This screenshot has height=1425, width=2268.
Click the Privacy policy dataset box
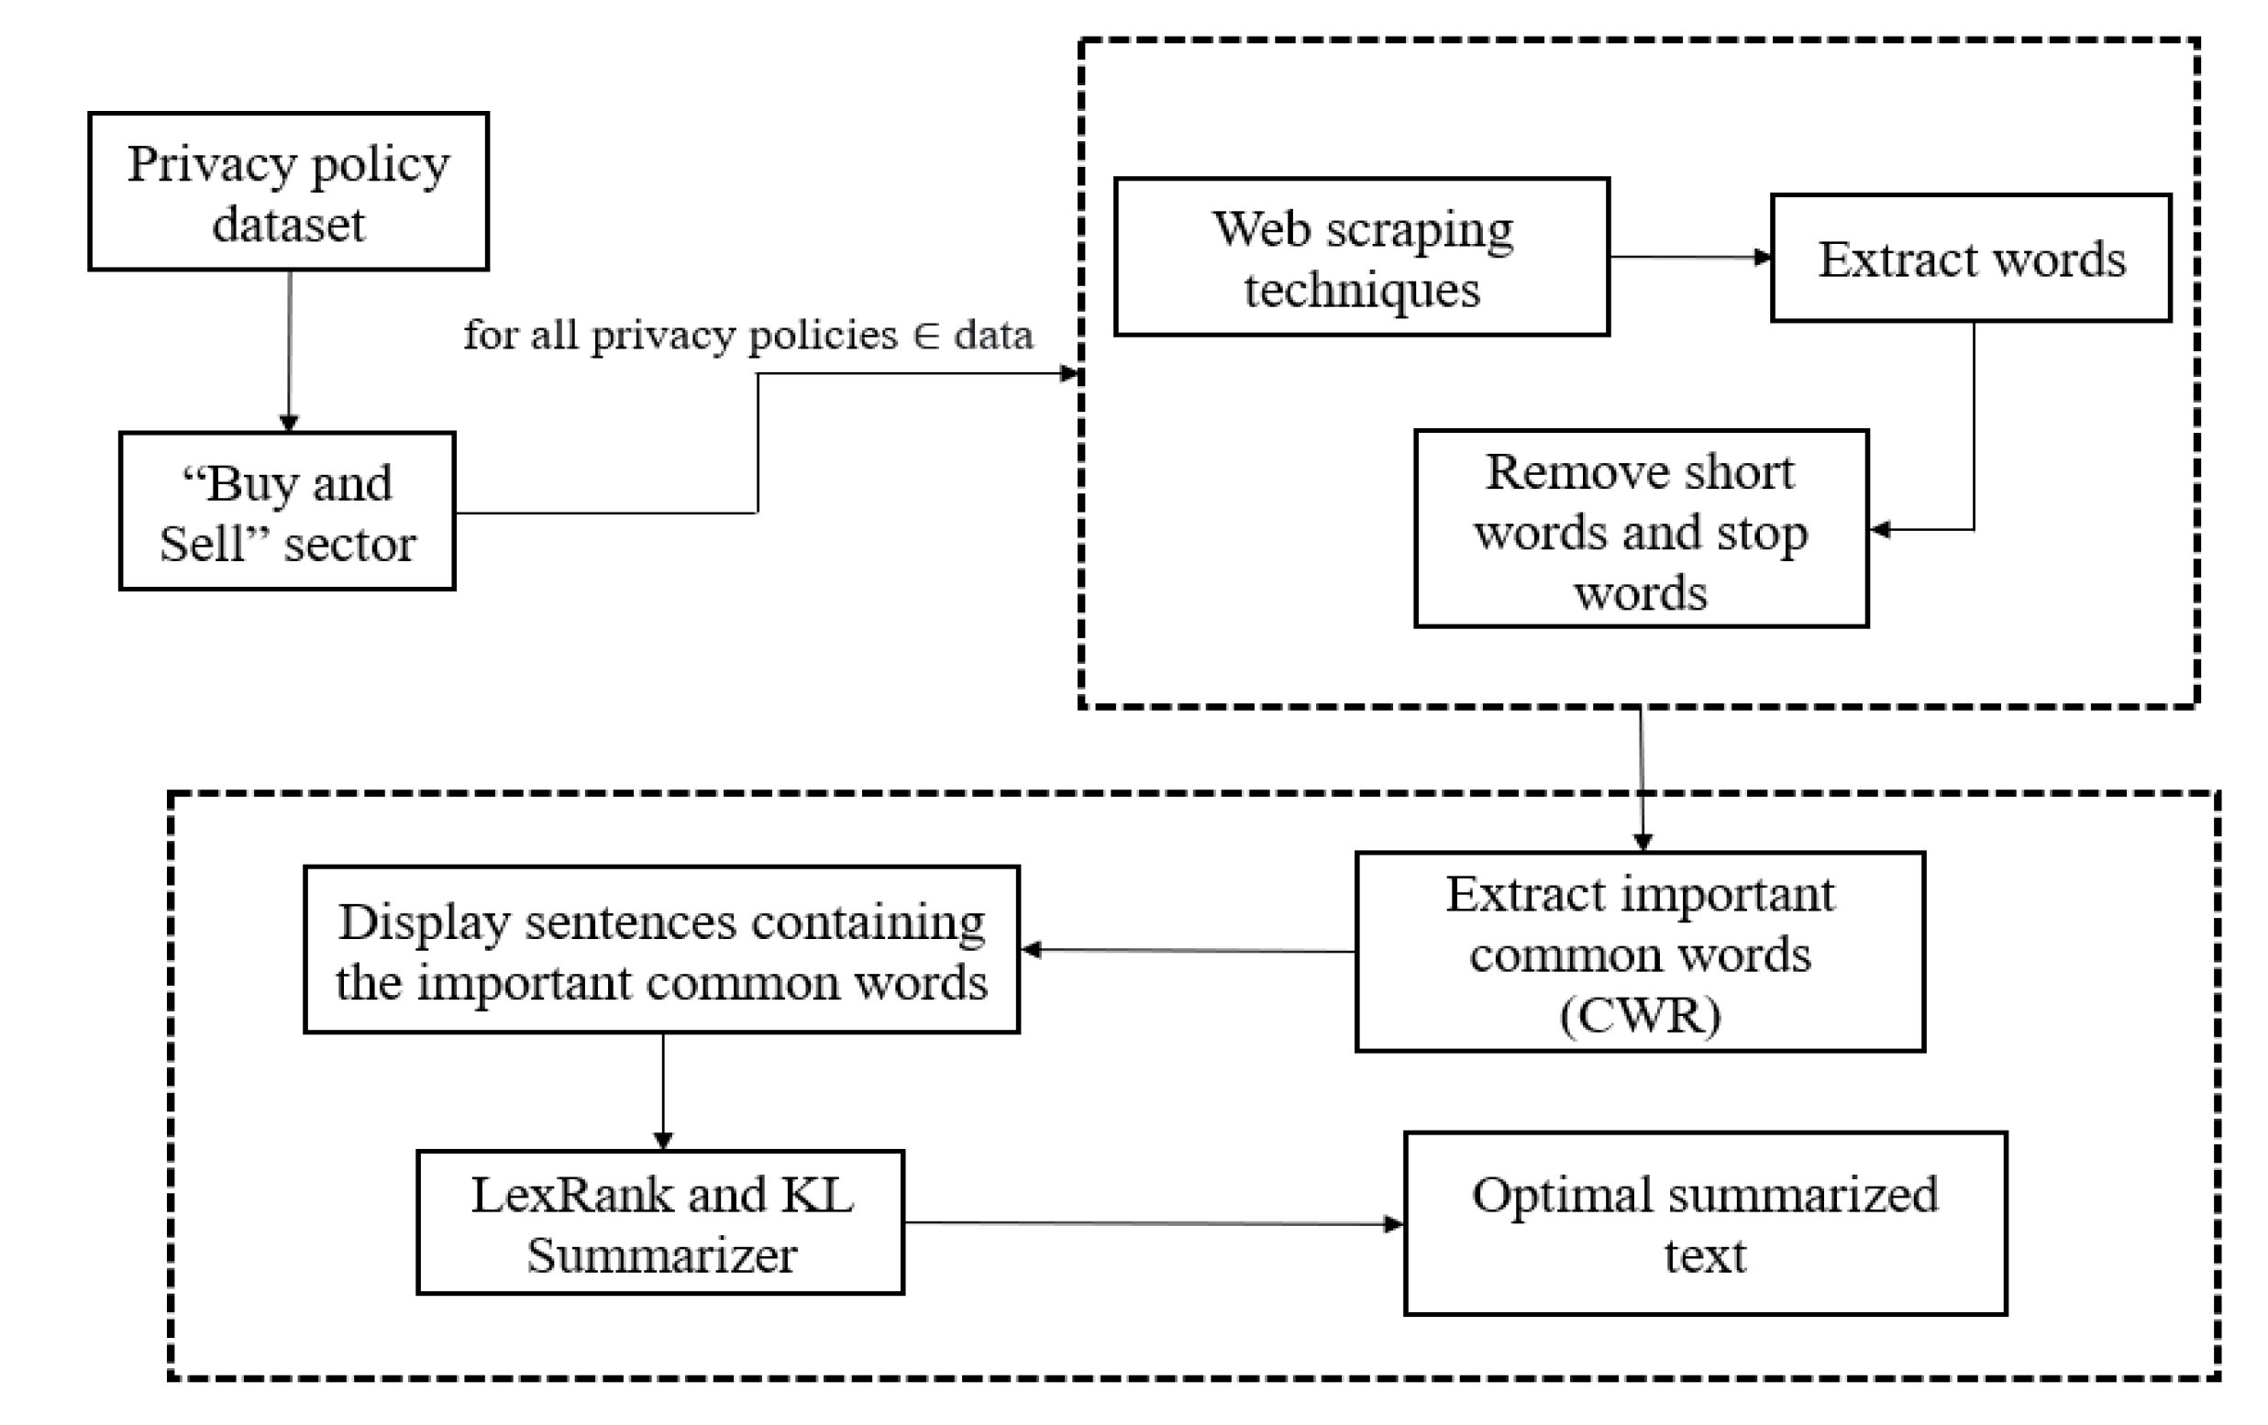(288, 193)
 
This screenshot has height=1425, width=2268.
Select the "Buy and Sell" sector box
(287, 512)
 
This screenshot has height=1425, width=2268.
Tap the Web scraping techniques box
(1361, 257)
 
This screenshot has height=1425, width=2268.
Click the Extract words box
(1970, 258)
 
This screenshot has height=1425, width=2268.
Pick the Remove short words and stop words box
(1641, 529)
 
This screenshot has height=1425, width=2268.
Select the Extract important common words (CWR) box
(1640, 952)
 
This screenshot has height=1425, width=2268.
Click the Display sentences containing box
(661, 950)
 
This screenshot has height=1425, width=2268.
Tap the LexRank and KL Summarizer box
(660, 1222)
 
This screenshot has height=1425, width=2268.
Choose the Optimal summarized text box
(1705, 1223)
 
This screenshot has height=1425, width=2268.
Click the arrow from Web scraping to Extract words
(1689, 256)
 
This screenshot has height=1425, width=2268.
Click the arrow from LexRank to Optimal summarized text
(1153, 1223)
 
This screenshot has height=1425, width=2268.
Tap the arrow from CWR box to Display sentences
(1187, 950)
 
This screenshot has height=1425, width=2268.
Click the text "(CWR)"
(1640, 1015)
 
